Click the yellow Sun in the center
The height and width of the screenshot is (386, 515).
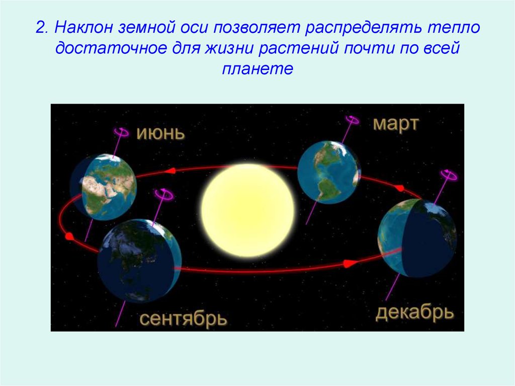tap(248, 210)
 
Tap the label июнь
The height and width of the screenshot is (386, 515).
tap(160, 133)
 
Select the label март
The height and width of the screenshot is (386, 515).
tap(396, 124)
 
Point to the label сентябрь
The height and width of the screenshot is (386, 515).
tap(183, 319)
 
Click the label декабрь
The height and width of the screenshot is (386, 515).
tap(414, 313)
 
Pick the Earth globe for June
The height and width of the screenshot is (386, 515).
tap(103, 187)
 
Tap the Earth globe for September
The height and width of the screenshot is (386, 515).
tap(139, 261)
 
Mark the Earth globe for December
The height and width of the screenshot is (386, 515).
tap(417, 238)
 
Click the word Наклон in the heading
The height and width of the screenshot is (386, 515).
tap(83, 27)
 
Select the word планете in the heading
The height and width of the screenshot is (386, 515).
tap(257, 69)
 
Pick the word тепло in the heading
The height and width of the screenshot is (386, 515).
tap(454, 27)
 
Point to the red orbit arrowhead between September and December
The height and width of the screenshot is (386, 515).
tap(350, 263)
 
